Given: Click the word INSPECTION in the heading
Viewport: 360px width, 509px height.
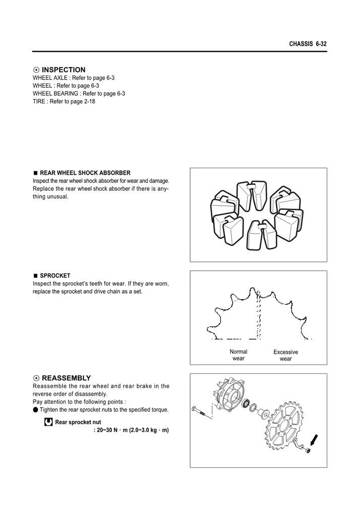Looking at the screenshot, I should (x=64, y=70).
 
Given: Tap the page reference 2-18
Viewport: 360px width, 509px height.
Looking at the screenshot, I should (x=87, y=101).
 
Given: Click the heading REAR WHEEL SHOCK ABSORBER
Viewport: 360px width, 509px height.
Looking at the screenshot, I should (x=85, y=173).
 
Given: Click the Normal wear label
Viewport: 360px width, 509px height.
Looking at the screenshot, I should (x=238, y=355).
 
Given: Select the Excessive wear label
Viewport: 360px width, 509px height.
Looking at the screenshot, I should (x=285, y=355).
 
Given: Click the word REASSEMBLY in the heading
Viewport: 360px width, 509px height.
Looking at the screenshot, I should (x=66, y=378).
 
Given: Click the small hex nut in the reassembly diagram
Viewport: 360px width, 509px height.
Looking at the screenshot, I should (x=308, y=450).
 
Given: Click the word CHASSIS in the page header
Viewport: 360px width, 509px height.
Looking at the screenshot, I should (x=301, y=44).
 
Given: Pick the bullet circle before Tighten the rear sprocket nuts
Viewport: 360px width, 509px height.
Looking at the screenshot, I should (x=35, y=410).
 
